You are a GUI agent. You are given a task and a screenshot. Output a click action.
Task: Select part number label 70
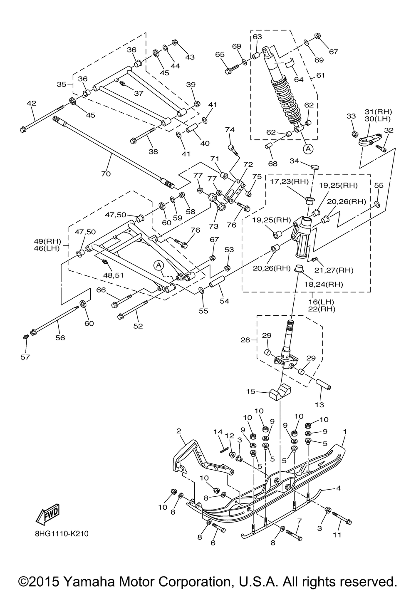point(106,174)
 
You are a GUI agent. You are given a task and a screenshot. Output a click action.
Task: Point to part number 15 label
point(250,391)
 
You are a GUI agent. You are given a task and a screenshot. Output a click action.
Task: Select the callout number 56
point(60,338)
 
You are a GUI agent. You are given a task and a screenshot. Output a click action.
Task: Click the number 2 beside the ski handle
point(178,430)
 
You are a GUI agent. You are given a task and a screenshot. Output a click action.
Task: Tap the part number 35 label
point(62,84)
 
